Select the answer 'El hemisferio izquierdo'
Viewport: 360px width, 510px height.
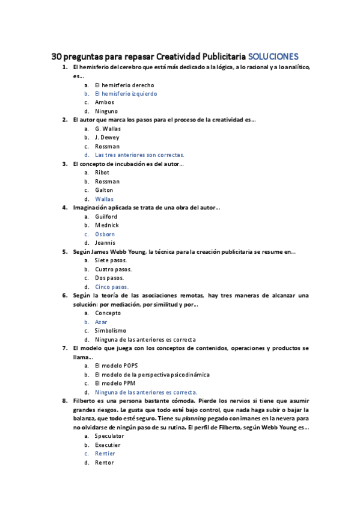(126, 94)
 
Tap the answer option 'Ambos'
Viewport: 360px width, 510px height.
(105, 102)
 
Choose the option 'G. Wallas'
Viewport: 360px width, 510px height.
(108, 129)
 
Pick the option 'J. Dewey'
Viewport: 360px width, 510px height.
(107, 137)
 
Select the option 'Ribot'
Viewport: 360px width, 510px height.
(102, 173)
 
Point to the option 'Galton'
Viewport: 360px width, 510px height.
(104, 190)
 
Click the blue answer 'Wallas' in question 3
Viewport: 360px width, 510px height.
(104, 199)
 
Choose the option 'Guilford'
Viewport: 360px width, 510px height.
(106, 217)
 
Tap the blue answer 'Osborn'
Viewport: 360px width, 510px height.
(105, 234)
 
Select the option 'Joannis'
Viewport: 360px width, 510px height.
(106, 243)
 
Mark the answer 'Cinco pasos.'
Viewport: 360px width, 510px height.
(112, 287)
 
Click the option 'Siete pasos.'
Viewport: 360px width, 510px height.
(111, 260)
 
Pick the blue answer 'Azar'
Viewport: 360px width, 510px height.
(102, 322)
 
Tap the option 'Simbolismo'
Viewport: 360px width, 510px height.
(111, 331)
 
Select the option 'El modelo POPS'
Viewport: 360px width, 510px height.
(116, 366)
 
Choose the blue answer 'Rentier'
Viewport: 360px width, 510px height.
(105, 453)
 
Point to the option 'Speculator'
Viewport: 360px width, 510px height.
(109, 436)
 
